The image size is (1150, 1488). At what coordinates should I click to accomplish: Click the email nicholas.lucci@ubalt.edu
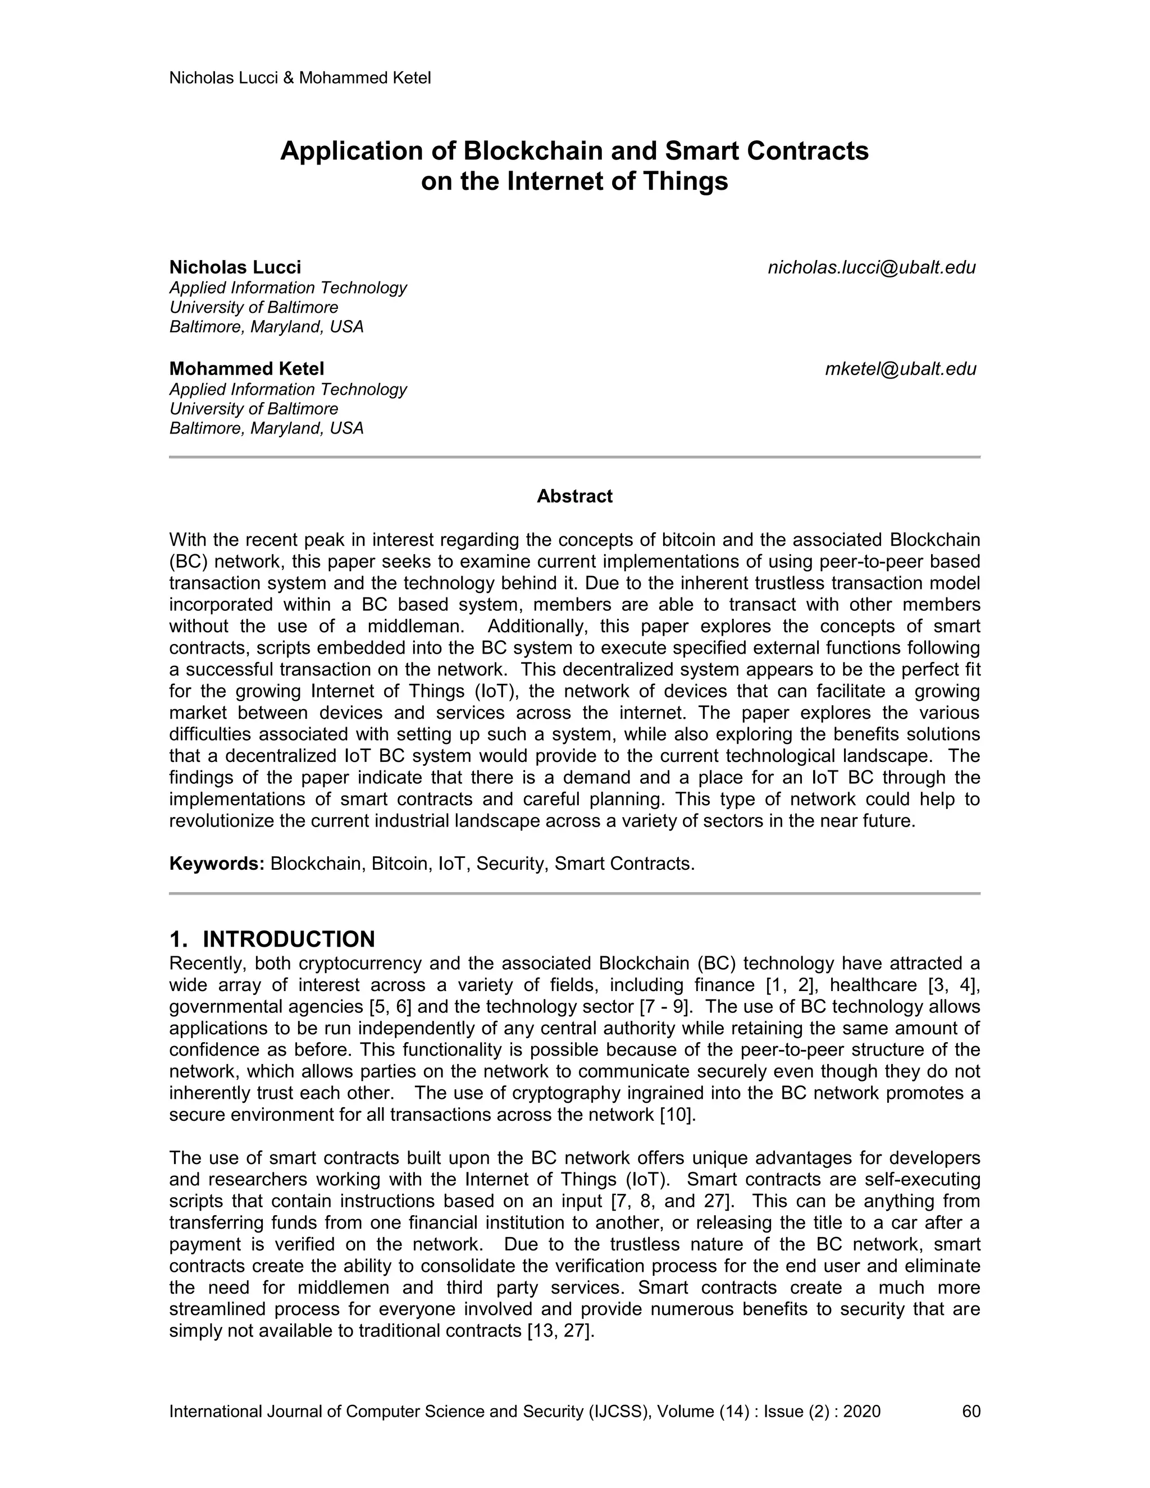click(x=871, y=268)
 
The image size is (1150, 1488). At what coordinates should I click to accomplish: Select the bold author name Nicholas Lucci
click(x=235, y=267)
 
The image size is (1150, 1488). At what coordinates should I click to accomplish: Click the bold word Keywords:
click(x=217, y=864)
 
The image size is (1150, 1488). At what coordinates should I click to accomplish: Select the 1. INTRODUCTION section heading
click(x=272, y=939)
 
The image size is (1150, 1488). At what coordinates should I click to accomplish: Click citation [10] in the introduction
click(x=677, y=1115)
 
